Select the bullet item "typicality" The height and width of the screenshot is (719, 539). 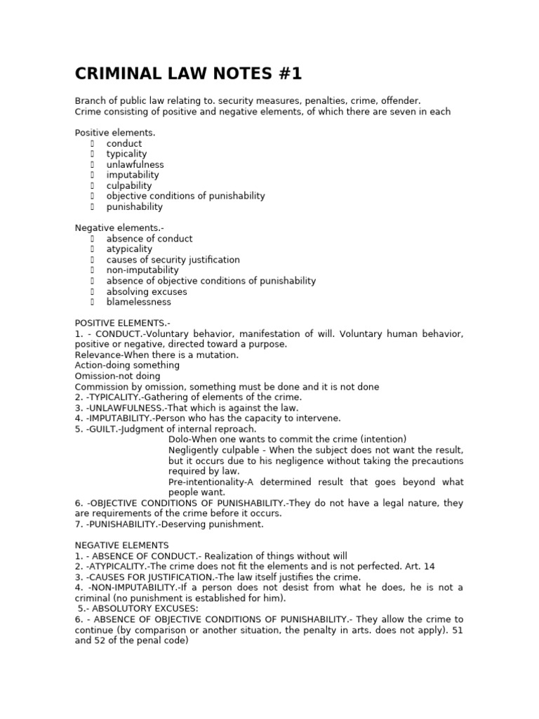coord(126,154)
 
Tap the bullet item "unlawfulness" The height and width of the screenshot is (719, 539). coord(135,164)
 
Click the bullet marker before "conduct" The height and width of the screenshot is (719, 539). coord(92,143)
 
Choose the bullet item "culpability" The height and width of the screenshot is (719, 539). coord(129,185)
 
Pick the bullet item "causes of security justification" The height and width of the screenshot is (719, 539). coord(173,260)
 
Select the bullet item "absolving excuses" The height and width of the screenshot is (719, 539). coord(147,291)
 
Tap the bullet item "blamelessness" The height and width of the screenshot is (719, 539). coord(138,302)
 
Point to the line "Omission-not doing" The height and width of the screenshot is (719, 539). coord(117,376)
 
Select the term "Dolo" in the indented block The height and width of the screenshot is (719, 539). coord(179,439)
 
